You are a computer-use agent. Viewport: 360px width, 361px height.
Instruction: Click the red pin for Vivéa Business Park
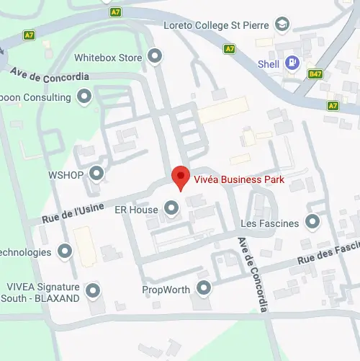coord(180,177)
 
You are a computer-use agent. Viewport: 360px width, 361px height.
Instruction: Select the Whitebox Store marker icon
coord(154,55)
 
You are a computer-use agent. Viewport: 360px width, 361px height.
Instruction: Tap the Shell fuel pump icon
coord(292,63)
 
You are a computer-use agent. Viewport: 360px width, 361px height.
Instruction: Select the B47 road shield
coord(315,73)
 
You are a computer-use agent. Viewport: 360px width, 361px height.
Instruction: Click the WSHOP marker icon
coord(95,173)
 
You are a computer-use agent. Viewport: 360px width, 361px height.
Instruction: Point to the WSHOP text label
coord(66,174)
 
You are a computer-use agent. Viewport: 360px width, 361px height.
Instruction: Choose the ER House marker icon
coord(171,209)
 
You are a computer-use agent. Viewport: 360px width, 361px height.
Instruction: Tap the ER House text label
coord(136,210)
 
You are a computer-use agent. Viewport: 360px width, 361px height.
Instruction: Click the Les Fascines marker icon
coord(312,222)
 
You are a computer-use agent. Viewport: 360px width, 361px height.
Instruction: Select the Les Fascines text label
coord(270,223)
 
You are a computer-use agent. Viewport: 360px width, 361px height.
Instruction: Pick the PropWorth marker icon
coord(204,289)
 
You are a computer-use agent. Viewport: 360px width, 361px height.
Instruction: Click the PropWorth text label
coord(166,290)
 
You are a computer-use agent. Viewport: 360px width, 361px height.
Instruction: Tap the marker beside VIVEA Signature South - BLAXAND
coord(92,291)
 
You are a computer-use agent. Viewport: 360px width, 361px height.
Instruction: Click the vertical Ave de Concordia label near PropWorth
coord(253,274)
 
